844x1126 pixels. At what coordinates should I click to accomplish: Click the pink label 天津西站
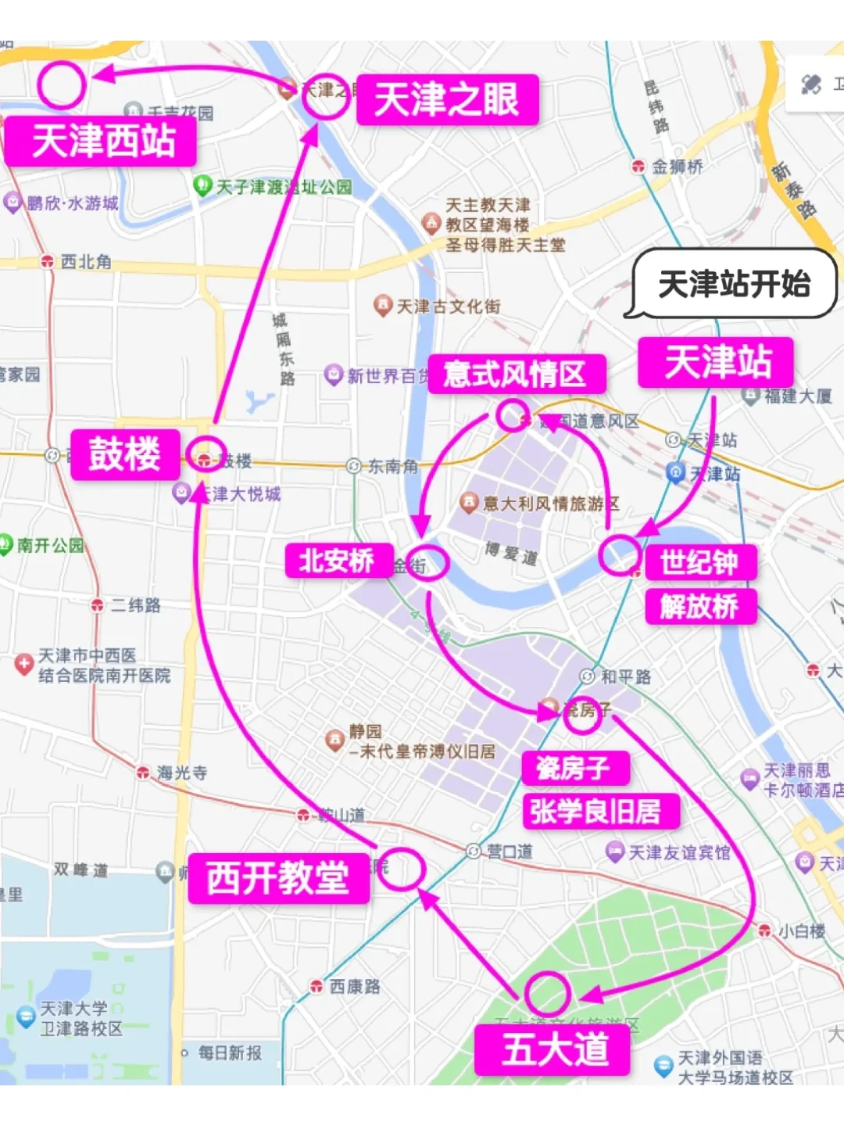(102, 142)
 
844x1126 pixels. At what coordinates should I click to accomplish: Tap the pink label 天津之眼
(447, 100)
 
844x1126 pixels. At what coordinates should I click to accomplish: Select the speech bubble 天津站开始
(734, 284)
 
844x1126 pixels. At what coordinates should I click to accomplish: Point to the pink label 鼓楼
(125, 454)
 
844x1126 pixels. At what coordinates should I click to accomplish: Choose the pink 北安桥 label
(337, 561)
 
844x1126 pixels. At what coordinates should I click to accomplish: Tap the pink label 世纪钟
(699, 562)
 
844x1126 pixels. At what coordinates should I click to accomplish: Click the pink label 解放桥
(699, 606)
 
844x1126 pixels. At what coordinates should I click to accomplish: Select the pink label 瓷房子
(574, 768)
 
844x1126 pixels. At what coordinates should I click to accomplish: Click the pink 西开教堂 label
(278, 878)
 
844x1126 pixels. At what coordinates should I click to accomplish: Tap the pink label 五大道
(554, 1049)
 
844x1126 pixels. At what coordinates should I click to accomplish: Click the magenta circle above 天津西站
(61, 84)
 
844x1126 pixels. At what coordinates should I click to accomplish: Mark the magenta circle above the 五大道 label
(547, 993)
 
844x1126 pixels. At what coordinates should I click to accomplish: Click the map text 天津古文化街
(448, 307)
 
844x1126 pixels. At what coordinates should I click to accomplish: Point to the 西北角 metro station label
(85, 262)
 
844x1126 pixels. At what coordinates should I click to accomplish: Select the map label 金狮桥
(677, 167)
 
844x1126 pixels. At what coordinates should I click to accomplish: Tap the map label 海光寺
(181, 773)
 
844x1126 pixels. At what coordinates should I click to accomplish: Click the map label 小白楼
(801, 931)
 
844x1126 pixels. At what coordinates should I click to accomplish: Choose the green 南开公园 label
(50, 545)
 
